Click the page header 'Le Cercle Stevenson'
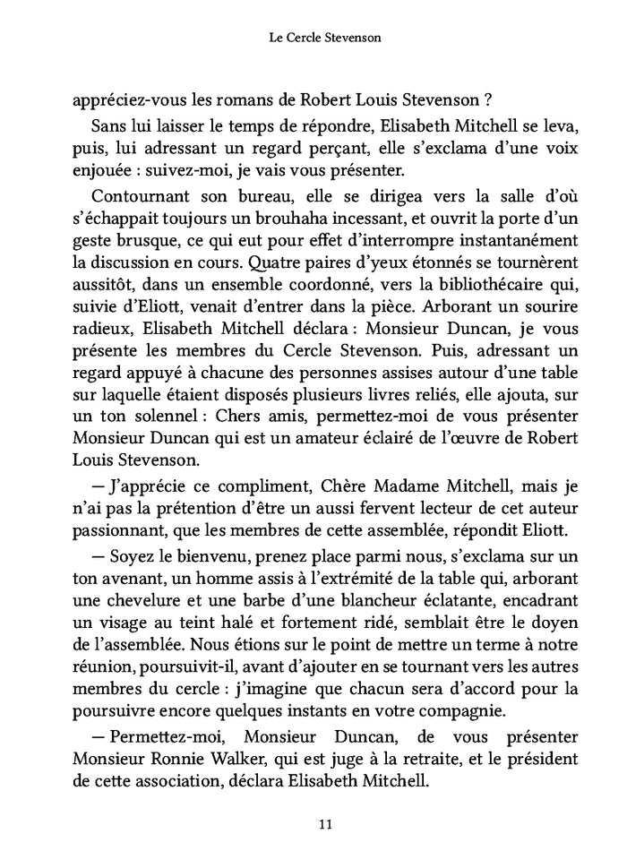tap(313, 39)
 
